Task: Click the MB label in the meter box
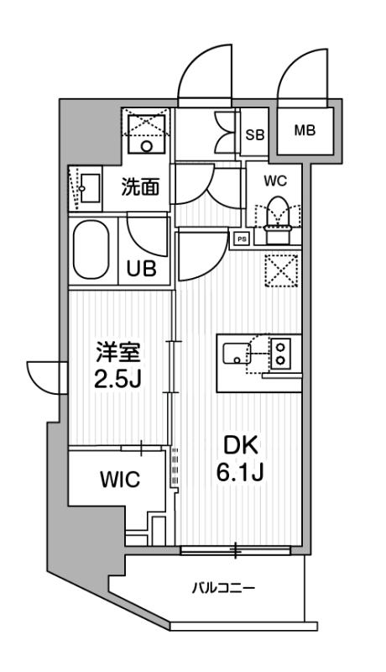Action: coord(305,129)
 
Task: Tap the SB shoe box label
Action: coord(254,134)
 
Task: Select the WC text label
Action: coord(275,181)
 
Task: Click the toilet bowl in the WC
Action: coord(279,213)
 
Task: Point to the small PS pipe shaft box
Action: coord(242,239)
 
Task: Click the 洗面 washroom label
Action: coord(140,187)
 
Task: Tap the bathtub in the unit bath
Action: coord(91,249)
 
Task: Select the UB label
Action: coord(141,269)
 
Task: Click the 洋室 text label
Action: coord(118,354)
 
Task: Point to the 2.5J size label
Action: coord(118,379)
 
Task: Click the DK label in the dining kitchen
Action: coord(242,447)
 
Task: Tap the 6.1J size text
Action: coord(240,473)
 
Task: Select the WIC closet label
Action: coord(120,479)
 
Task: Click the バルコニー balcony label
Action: coord(223,587)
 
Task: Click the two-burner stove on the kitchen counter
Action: coord(281,352)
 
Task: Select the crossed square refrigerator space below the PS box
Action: coord(281,270)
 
